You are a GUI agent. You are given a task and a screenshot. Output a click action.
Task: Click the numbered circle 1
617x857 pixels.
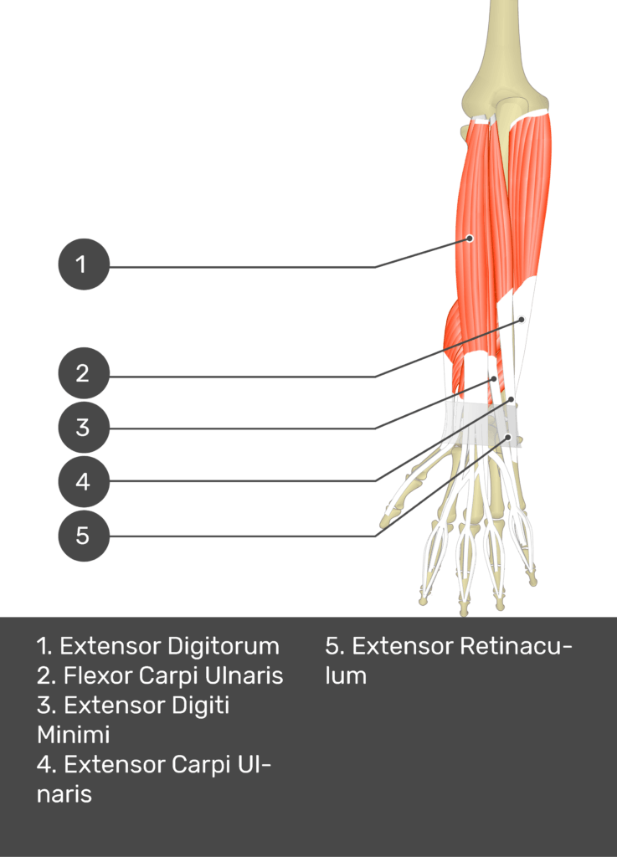tap(84, 264)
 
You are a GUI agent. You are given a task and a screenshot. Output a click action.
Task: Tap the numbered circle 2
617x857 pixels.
tap(84, 373)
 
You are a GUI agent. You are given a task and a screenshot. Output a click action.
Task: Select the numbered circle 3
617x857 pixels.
tap(84, 428)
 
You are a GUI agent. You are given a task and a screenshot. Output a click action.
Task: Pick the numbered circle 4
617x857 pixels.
tap(84, 481)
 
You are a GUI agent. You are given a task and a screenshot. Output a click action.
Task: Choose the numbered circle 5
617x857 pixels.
tap(84, 536)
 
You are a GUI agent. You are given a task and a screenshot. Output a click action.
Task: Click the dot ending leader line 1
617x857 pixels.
tap(470, 239)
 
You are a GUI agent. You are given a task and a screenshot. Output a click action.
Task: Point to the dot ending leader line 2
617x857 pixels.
tap(522, 319)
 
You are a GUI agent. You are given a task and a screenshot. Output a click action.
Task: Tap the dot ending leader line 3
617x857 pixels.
tap(493, 378)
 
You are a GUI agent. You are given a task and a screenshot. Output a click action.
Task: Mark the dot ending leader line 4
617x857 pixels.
tap(512, 399)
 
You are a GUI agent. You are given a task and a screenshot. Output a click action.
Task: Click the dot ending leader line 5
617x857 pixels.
tap(508, 437)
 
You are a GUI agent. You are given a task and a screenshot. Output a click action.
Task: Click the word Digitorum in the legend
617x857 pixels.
tap(224, 647)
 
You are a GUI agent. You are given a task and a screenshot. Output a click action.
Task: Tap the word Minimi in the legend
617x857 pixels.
tap(73, 735)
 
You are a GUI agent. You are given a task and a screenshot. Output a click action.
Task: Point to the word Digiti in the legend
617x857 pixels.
tap(201, 705)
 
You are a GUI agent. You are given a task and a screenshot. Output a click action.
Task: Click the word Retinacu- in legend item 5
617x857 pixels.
tap(516, 646)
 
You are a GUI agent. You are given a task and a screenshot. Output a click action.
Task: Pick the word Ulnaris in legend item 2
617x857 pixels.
tap(244, 675)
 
